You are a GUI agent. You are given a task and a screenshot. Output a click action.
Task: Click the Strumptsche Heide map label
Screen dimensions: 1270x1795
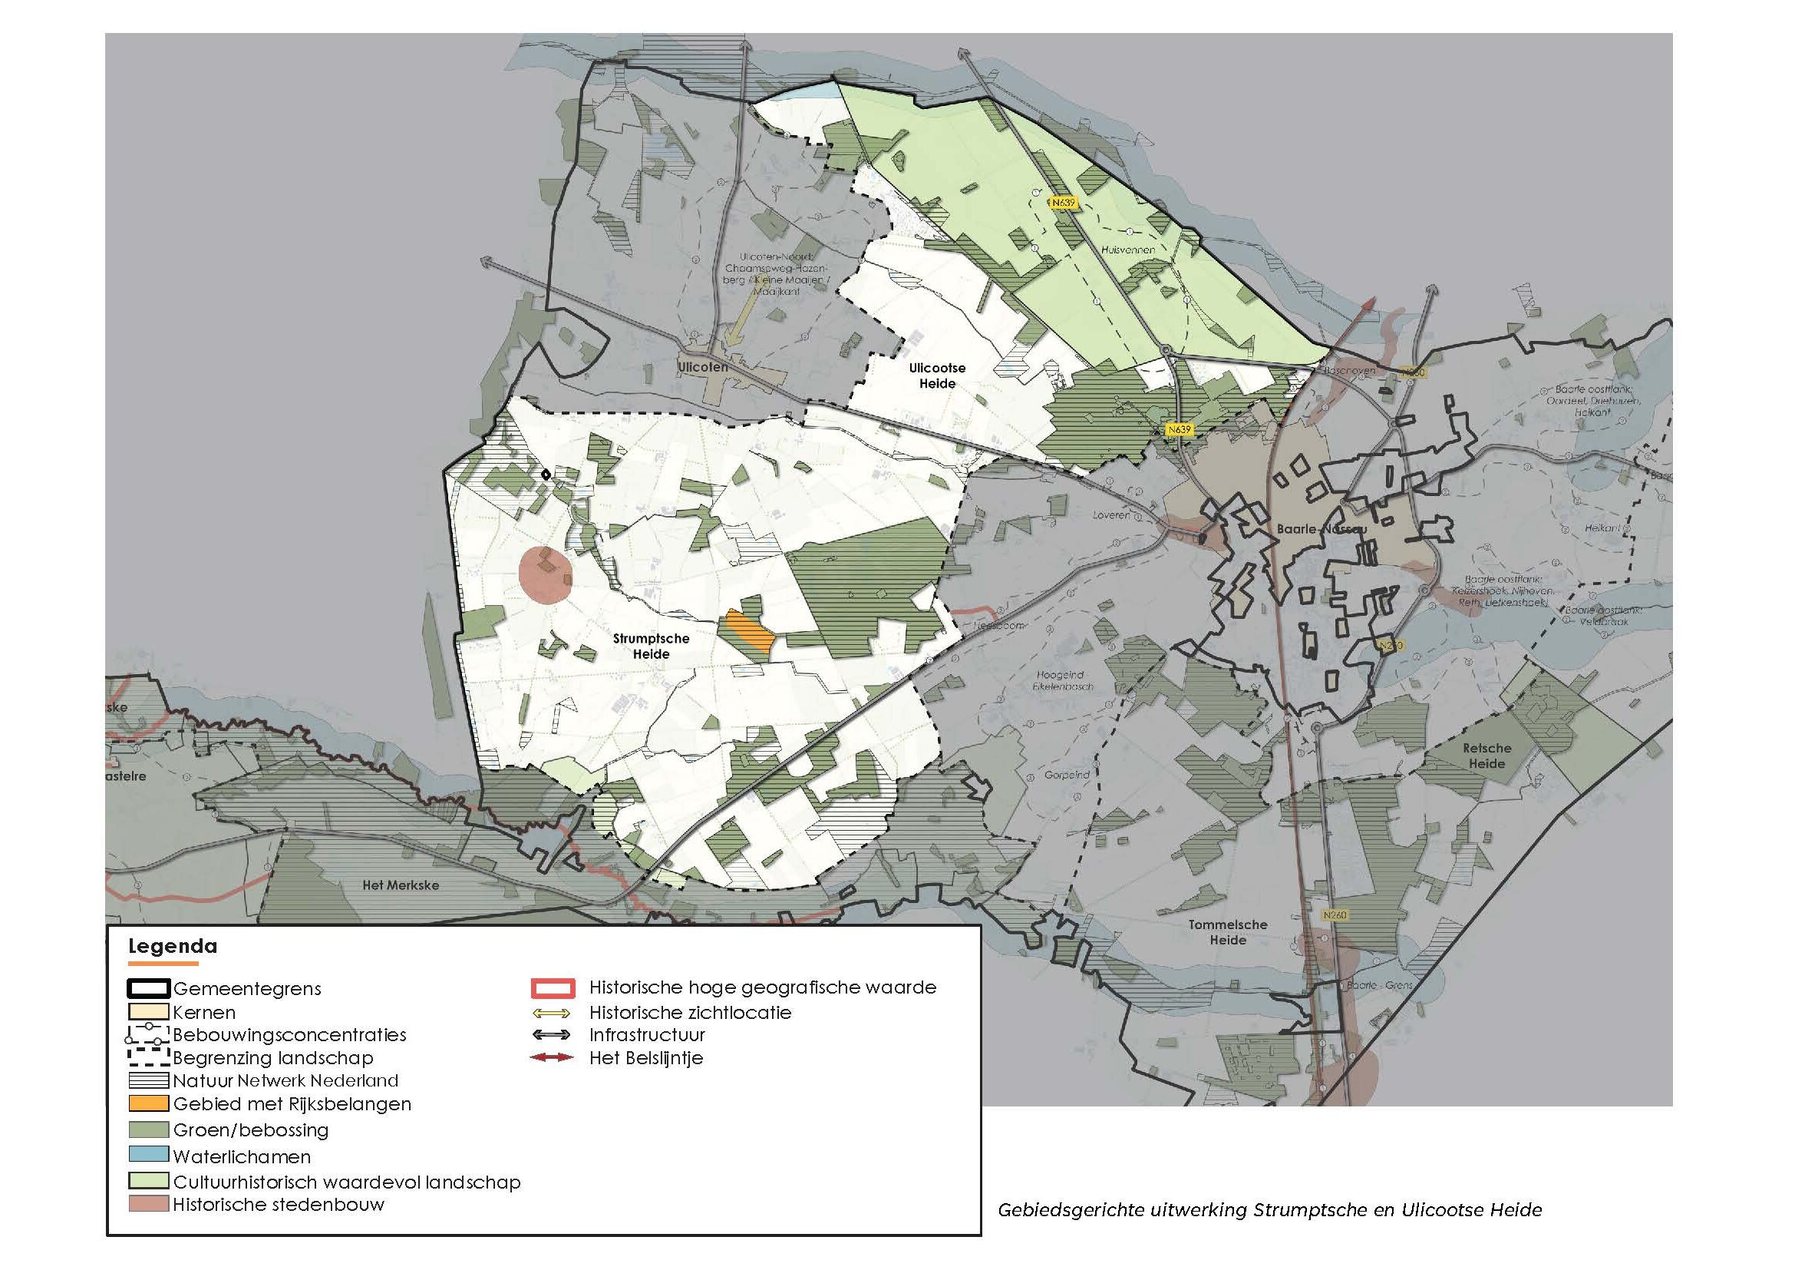coord(651,646)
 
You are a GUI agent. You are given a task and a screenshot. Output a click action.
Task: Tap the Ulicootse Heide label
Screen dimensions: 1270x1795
coord(936,375)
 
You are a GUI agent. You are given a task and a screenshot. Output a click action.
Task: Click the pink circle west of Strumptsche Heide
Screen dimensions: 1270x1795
coord(545,575)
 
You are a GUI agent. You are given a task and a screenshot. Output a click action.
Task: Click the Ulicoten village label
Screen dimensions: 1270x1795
coord(702,367)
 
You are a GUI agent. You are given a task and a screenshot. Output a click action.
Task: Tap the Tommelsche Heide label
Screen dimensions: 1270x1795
coord(1227,932)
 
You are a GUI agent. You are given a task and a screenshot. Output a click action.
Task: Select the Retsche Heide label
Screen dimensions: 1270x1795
coord(1486,756)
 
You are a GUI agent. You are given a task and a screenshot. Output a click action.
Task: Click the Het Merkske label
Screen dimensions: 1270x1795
coord(401,885)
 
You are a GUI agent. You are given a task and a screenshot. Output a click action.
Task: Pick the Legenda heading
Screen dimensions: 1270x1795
coord(172,946)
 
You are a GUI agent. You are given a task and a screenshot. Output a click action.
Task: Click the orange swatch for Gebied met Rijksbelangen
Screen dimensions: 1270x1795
coord(149,1104)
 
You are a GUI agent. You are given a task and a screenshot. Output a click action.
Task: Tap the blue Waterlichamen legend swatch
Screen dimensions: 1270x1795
coord(149,1154)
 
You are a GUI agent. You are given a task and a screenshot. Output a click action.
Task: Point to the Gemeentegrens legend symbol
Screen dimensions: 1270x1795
coord(149,988)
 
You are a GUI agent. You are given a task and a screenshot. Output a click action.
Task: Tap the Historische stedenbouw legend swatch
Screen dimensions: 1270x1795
coord(149,1204)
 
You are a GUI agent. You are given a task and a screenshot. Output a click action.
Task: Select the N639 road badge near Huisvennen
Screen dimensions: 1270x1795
coord(1063,203)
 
